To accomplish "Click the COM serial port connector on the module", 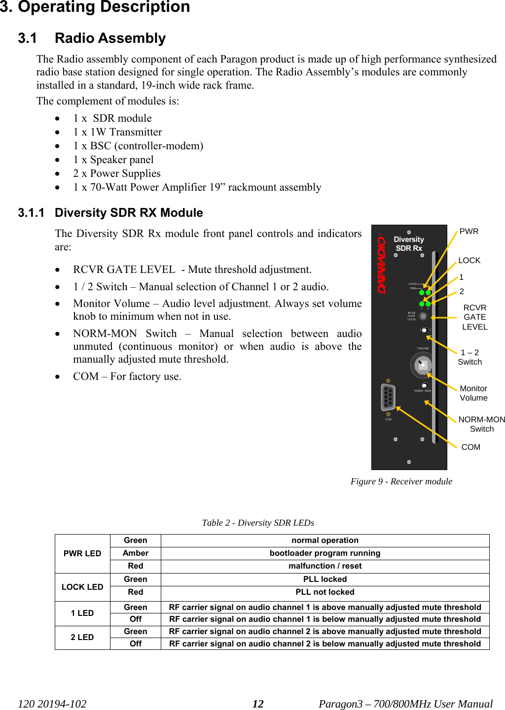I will coord(389,397).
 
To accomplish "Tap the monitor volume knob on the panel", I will coord(422,365).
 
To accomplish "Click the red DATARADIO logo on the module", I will coord(382,264).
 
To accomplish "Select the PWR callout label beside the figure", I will coord(469,232).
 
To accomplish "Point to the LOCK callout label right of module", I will coord(469,261).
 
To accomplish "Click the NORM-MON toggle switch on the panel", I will coord(424,385).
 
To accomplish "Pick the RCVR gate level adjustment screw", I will coord(423,316).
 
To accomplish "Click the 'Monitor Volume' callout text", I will coord(473,393).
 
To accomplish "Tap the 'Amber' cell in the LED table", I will coord(136,553).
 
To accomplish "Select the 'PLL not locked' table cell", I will coord(325,592).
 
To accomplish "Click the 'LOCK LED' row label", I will coord(82,587).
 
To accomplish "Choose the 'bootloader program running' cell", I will coord(325,553).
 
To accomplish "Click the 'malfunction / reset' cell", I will coord(325,566).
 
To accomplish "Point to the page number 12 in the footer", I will coord(258,704).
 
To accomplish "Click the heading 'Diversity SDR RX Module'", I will coord(129,213).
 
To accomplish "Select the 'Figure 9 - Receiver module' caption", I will coord(401,481).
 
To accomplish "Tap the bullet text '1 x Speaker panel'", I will coord(113,160).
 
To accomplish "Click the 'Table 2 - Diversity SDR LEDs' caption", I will coord(258,523).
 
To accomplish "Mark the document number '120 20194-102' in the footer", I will coord(52,704).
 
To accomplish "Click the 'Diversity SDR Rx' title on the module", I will coord(409,244).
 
